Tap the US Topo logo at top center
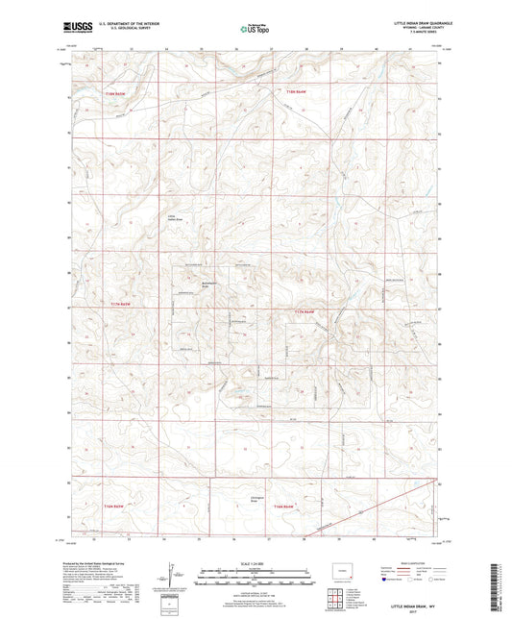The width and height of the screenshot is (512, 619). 256,30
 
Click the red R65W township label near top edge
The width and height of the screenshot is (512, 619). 115,92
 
